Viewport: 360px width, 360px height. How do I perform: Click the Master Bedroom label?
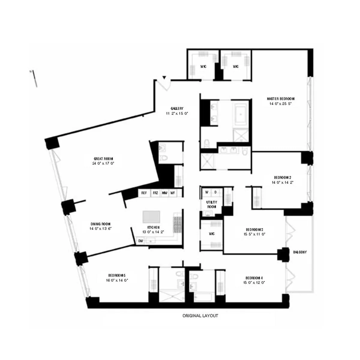[280, 99]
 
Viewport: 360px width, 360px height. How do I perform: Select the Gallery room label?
[177, 109]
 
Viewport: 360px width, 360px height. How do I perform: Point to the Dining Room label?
[100, 224]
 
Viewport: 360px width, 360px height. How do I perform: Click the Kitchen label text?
[153, 227]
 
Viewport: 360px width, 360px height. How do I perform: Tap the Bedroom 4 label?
[254, 277]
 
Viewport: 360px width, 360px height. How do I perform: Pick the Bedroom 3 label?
[254, 230]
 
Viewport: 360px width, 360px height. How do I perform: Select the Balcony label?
[300, 252]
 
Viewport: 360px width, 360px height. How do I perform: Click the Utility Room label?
[211, 202]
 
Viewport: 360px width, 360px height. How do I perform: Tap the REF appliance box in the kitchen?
[144, 193]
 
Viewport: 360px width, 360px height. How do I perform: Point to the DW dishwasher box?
[140, 241]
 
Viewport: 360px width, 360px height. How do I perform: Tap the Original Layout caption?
[200, 316]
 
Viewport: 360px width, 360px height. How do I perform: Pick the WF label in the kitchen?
[173, 193]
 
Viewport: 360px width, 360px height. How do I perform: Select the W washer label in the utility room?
[207, 192]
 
